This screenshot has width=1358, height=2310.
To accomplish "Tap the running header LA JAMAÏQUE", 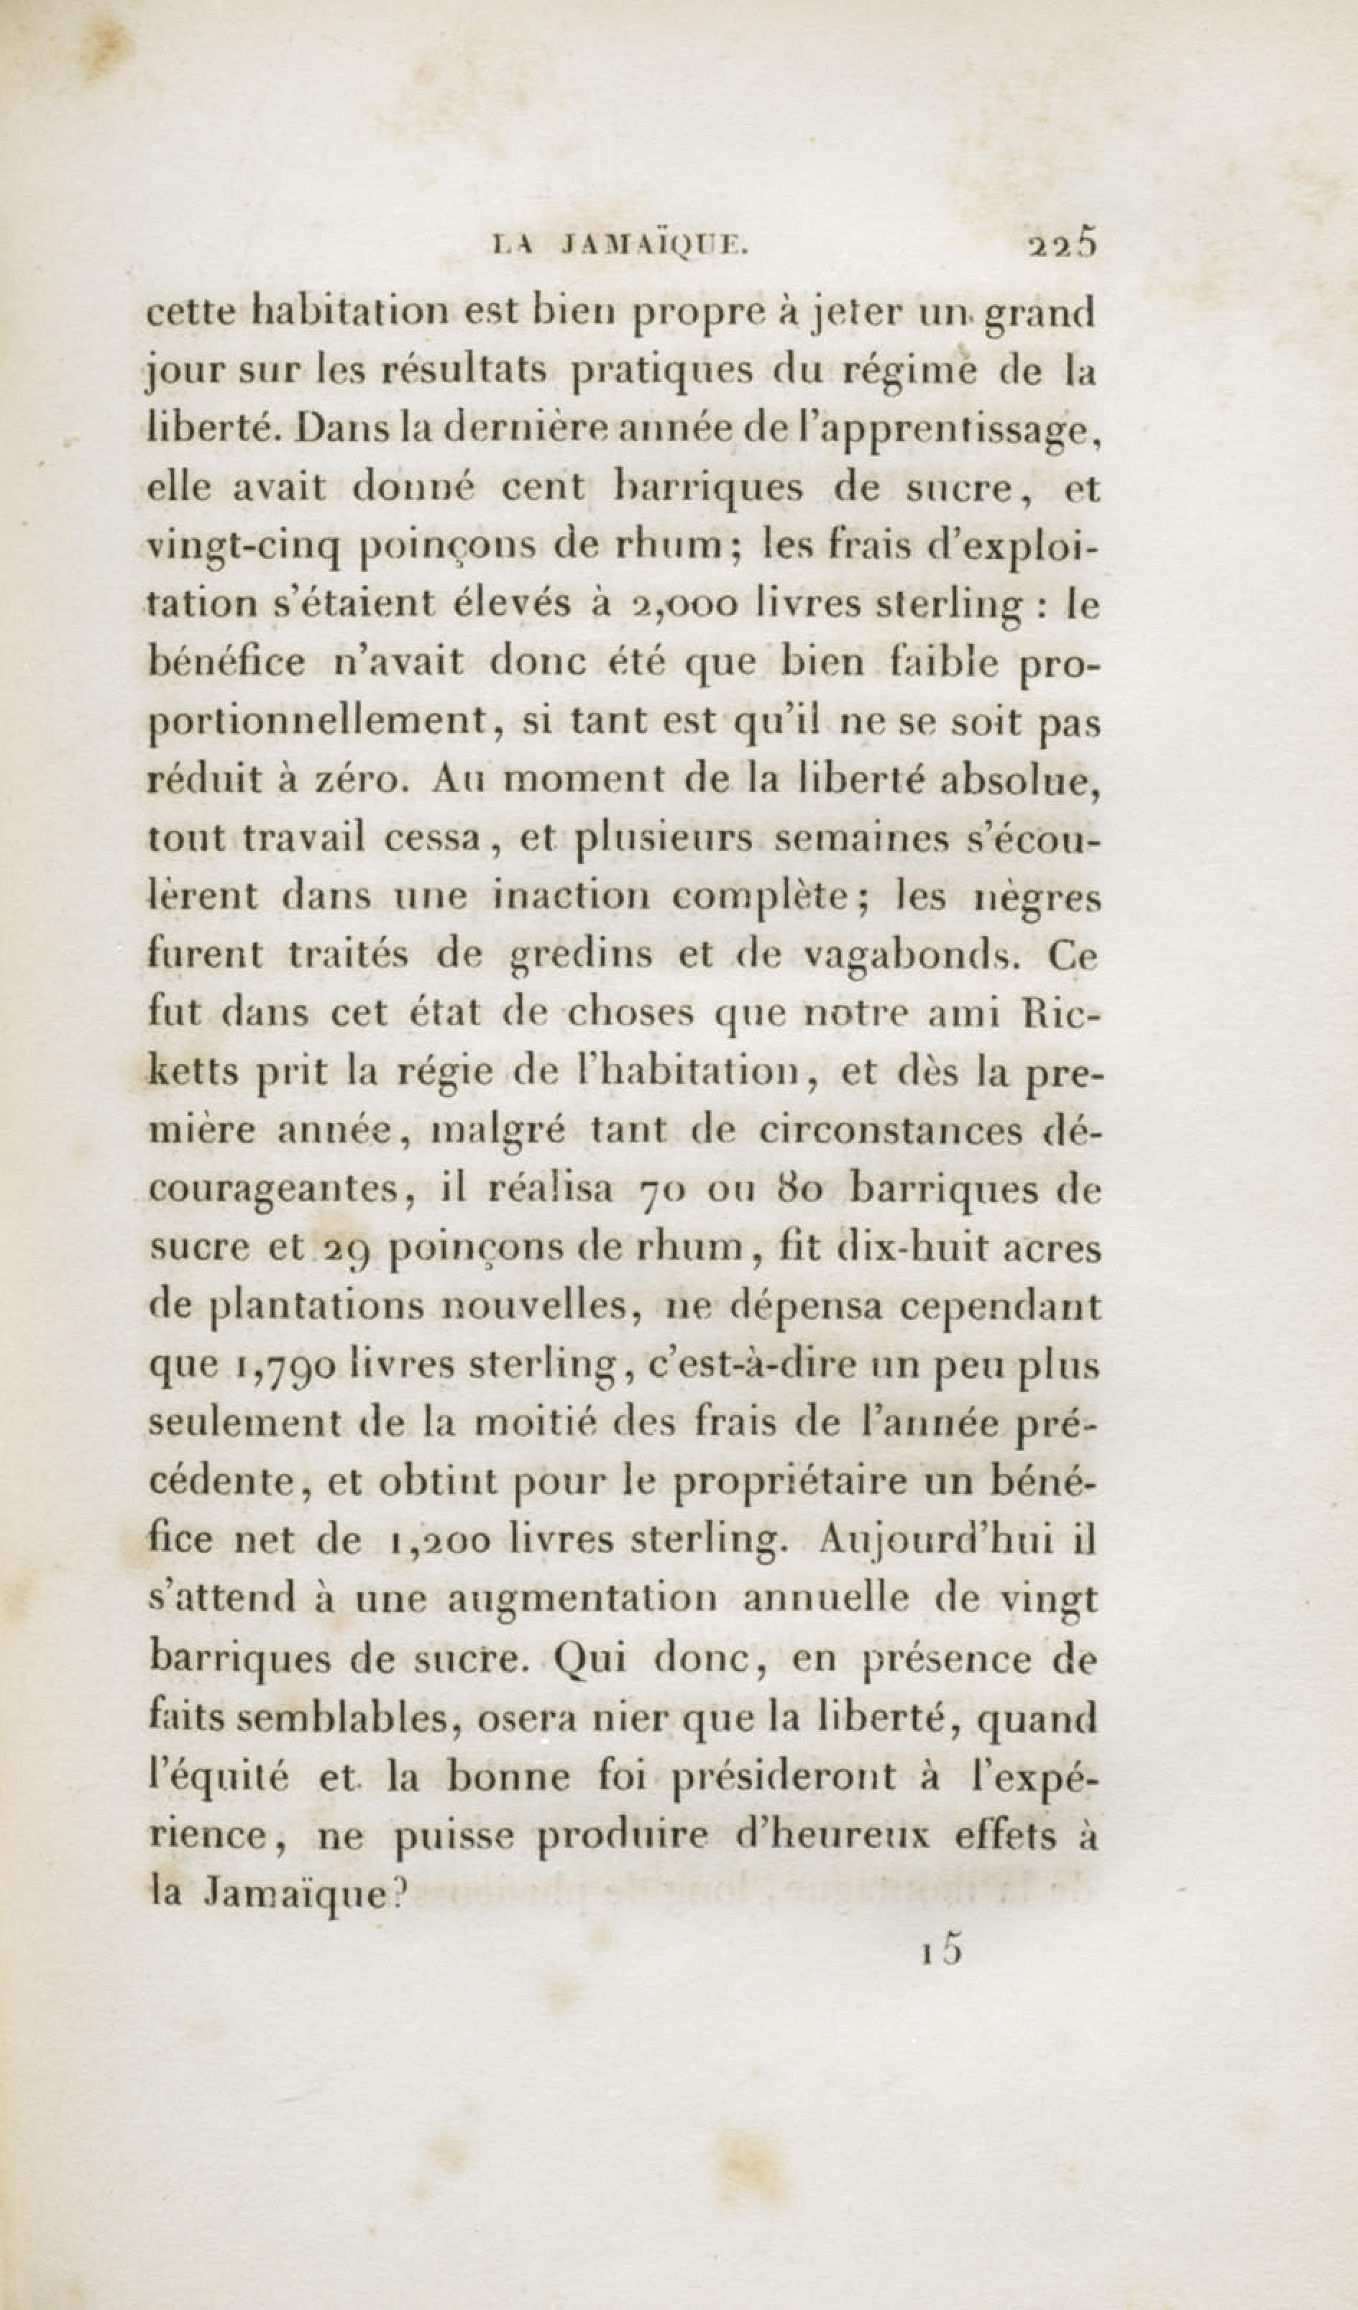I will tap(620, 245).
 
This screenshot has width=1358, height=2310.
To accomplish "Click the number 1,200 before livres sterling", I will tap(435, 1539).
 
